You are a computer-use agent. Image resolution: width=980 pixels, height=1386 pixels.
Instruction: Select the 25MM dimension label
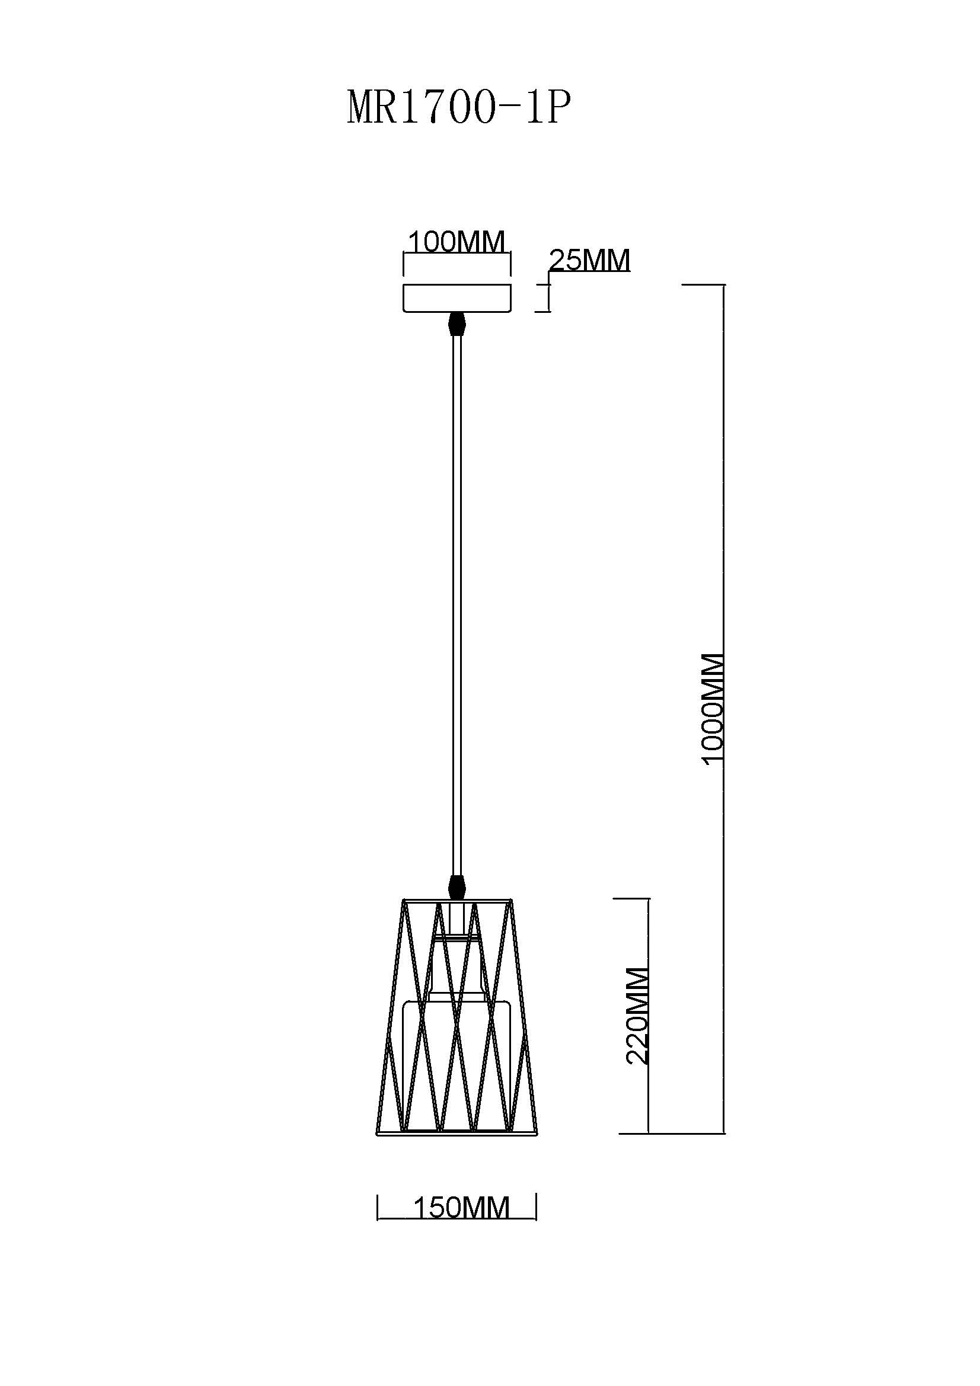(589, 260)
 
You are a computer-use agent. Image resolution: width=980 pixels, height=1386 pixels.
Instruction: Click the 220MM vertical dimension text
(637, 1016)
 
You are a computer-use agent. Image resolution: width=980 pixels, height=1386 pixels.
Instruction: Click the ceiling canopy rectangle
(457, 298)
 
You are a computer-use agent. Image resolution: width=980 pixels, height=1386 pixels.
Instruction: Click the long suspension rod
(457, 606)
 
